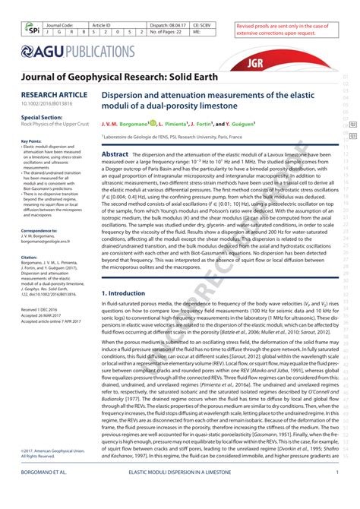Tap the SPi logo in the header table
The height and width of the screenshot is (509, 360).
tap(31, 30)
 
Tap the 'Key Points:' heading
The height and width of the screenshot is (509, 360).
tap(31, 141)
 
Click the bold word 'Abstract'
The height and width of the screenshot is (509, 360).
tap(115, 154)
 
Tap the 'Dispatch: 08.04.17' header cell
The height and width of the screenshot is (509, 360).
tap(168, 25)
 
